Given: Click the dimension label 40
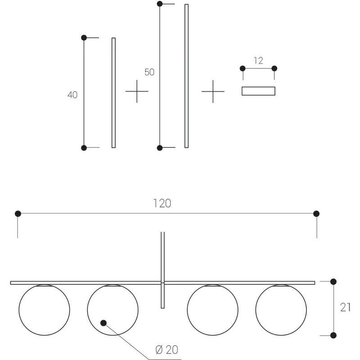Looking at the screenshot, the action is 72,95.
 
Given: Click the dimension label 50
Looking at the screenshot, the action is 149,72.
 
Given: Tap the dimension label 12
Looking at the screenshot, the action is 258,61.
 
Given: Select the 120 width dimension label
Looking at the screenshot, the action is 162,203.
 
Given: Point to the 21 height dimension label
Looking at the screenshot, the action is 345,307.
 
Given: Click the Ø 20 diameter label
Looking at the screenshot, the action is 166,350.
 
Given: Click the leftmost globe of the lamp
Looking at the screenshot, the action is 44,310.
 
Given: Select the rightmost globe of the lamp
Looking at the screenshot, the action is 281,310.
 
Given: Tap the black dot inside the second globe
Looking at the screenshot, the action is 103,323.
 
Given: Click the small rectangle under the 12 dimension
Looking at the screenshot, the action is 258,91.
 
